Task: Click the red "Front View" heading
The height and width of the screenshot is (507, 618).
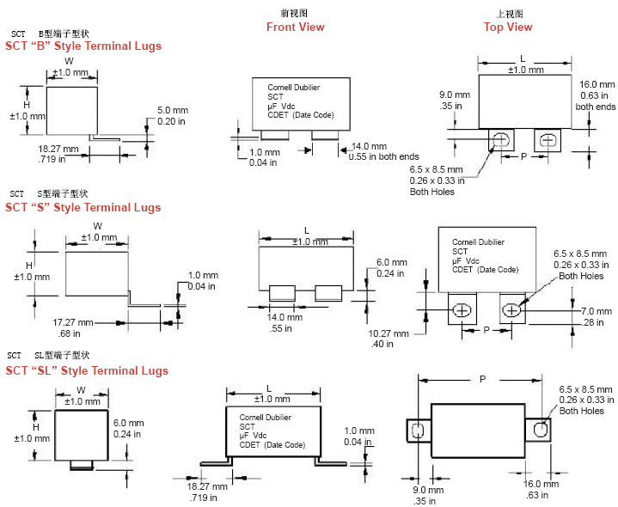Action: (x=295, y=27)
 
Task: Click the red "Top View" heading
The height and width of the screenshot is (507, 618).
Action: (x=508, y=27)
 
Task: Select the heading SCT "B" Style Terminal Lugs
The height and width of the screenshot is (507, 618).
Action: (x=83, y=46)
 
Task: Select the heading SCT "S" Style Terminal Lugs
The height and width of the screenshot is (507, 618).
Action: (x=83, y=207)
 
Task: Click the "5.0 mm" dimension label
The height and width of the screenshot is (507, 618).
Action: (x=173, y=111)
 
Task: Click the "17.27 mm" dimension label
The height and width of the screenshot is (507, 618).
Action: (x=72, y=322)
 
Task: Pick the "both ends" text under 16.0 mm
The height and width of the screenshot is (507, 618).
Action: (x=596, y=107)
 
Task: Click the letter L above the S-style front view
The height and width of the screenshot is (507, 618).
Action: (x=307, y=230)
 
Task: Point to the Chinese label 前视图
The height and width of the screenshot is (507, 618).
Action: (x=294, y=14)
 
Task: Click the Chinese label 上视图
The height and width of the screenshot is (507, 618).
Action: (x=509, y=14)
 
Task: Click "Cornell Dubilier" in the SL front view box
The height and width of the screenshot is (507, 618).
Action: (x=266, y=417)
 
